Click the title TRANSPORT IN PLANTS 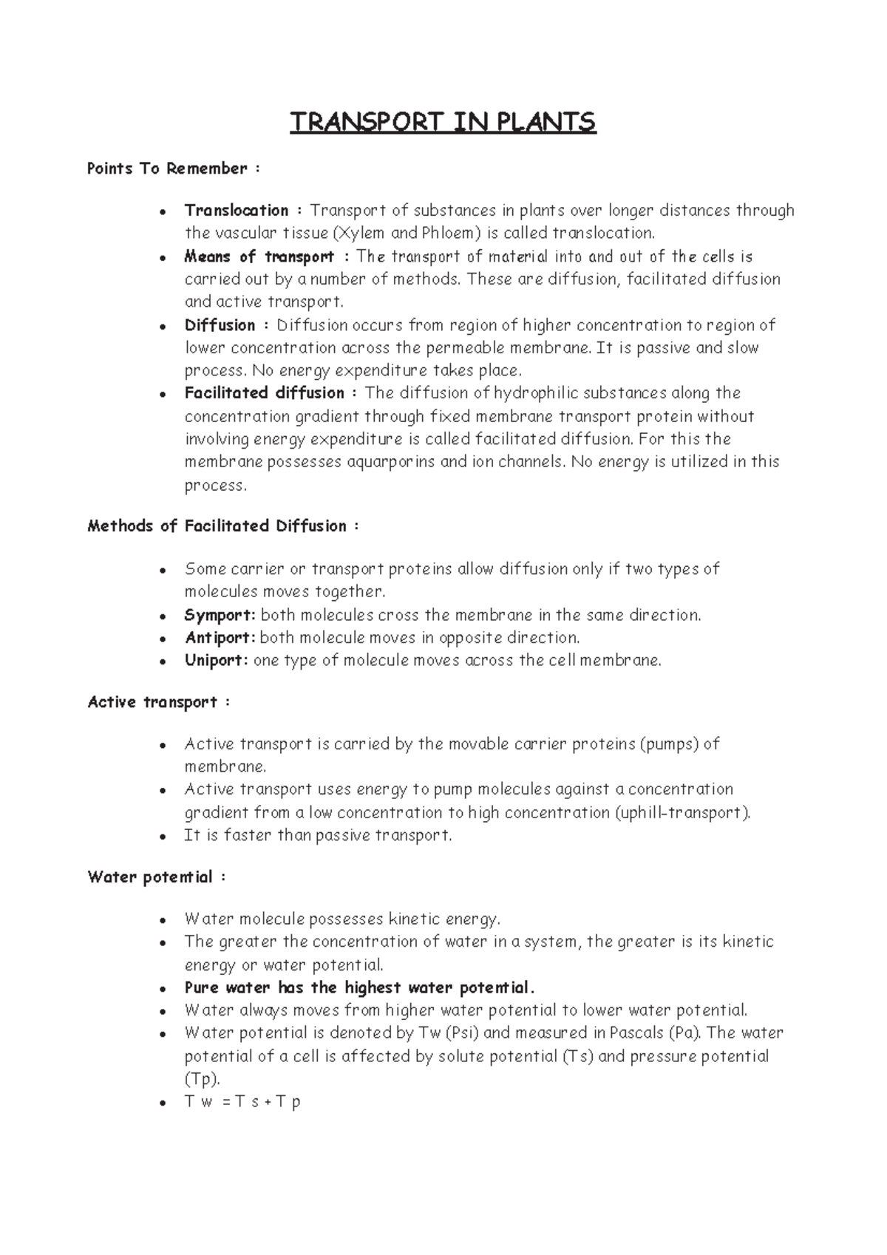[442, 122]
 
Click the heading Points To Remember [168, 169]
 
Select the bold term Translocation [237, 211]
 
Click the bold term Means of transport [259, 257]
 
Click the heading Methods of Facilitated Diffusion [217, 526]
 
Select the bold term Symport [219, 616]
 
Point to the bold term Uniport [215, 661]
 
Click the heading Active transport [153, 702]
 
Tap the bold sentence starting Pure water [358, 988]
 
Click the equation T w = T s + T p [242, 1102]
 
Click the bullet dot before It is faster [162, 837]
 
